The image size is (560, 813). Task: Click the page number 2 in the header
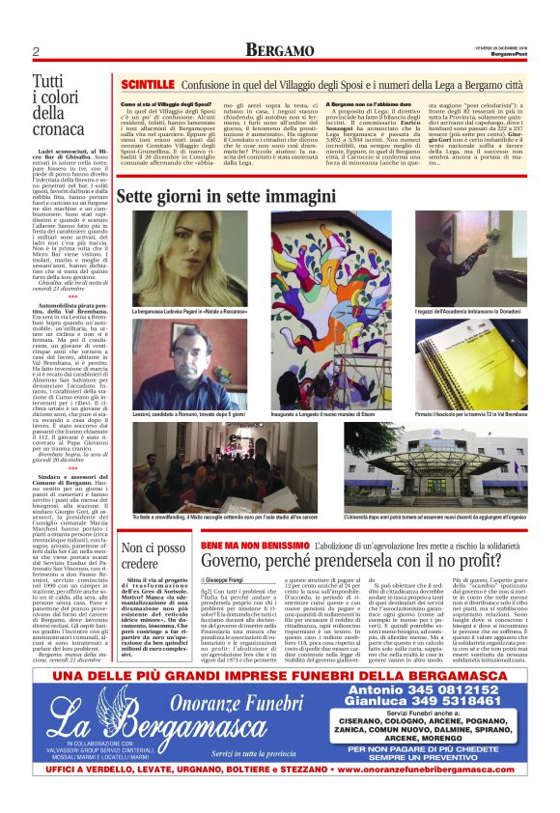click(36, 51)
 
